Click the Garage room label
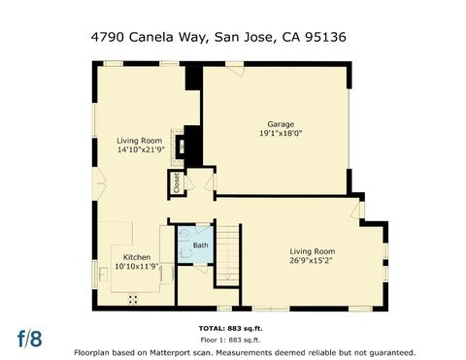[x=281, y=124]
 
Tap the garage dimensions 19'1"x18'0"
[x=281, y=135]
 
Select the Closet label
[x=178, y=180]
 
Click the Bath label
[x=200, y=245]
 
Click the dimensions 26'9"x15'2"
[x=312, y=260]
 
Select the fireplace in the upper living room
[x=181, y=146]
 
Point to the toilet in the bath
[x=183, y=235]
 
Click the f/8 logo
[x=30, y=339]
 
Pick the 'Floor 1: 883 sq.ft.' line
[x=231, y=340]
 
